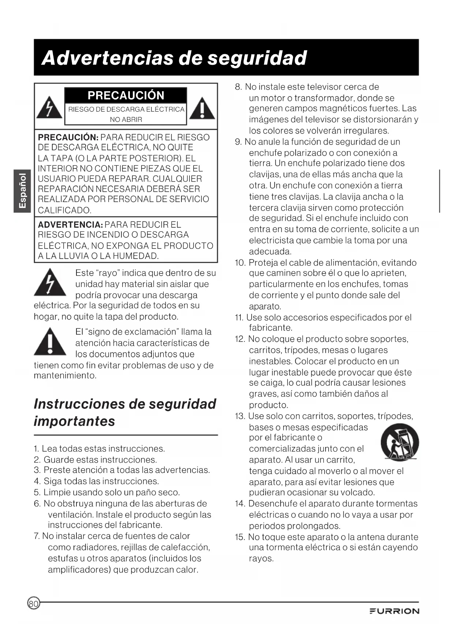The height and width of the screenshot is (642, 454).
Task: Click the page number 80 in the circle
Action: (x=33, y=604)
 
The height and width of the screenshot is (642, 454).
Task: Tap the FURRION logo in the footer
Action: (x=394, y=611)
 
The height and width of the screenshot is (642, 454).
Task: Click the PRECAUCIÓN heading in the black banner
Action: (x=126, y=96)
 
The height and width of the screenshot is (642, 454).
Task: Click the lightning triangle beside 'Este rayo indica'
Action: (x=50, y=283)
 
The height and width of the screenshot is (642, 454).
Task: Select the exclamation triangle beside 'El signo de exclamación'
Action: (x=50, y=342)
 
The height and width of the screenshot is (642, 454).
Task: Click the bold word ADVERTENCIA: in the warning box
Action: (x=70, y=224)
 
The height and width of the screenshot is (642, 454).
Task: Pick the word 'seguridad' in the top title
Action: (x=257, y=58)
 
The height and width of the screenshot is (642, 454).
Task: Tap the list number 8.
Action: (x=238, y=87)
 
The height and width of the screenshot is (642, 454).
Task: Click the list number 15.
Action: (x=240, y=537)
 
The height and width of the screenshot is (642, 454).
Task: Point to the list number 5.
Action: (x=37, y=492)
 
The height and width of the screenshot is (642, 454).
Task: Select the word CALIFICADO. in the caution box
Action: (x=65, y=210)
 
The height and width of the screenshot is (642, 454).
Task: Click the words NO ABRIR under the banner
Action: (x=126, y=119)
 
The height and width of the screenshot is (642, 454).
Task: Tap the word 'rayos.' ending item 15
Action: (x=261, y=559)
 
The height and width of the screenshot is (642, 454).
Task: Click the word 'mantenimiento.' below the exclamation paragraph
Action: (x=65, y=376)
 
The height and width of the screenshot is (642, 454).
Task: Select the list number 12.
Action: (x=240, y=339)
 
